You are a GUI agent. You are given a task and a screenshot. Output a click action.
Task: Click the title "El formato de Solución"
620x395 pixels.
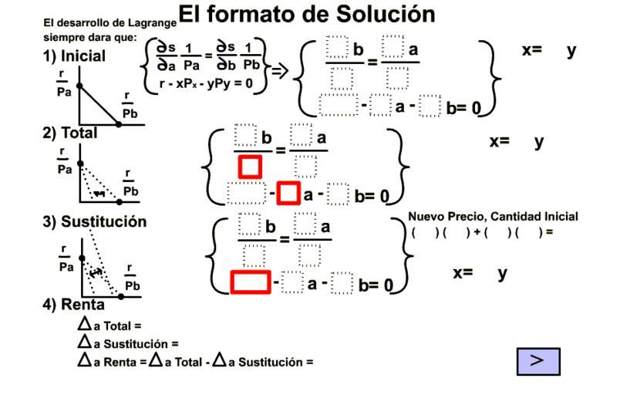pyautogui.click(x=307, y=15)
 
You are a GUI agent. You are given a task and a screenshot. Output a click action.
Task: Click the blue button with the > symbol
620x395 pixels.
pyautogui.click(x=538, y=361)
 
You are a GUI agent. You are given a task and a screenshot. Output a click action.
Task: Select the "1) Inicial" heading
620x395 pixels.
pyautogui.click(x=74, y=56)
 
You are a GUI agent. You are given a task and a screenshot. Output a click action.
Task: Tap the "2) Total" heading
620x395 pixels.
pyautogui.click(x=70, y=132)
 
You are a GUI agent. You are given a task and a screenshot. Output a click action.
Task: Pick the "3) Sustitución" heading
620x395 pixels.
pyautogui.click(x=94, y=221)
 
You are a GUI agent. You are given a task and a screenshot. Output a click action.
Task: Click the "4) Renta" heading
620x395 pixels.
pyautogui.click(x=72, y=304)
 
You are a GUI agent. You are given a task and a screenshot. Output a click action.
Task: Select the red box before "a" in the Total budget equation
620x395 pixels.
pyautogui.click(x=288, y=191)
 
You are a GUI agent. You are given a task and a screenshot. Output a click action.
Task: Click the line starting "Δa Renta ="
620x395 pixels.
pyautogui.click(x=195, y=360)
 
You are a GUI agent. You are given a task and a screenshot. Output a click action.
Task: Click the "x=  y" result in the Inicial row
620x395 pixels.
pyautogui.click(x=549, y=50)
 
